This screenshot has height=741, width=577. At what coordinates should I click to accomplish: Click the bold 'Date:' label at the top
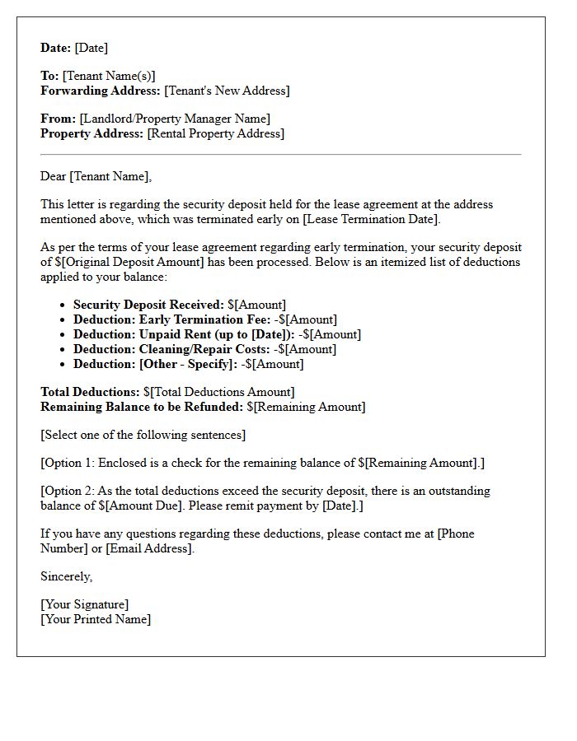pos(56,48)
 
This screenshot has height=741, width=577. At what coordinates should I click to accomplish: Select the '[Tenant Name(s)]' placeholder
pos(109,76)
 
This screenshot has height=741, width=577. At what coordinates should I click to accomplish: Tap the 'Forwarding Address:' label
pos(101,91)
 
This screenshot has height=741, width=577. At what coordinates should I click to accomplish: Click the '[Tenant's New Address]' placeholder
pos(227,91)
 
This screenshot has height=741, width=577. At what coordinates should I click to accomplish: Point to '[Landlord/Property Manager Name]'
pos(175,119)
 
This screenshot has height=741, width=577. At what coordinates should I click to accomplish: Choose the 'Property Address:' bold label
pos(92,133)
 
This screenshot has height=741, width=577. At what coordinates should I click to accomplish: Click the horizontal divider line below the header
pos(280,154)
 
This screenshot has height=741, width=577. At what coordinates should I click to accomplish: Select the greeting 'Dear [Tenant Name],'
pos(96,176)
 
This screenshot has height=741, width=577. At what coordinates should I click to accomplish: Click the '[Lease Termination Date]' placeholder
pos(370,219)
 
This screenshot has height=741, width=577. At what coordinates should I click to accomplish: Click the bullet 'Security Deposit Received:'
pos(148,305)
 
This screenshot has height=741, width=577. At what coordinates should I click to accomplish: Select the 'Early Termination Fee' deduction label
pos(204,319)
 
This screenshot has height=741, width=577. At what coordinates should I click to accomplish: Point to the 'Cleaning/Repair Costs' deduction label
pos(204,349)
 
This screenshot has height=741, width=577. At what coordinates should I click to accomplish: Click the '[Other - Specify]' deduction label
pos(188,364)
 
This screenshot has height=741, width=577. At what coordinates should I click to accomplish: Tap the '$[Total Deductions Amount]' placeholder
pos(218,392)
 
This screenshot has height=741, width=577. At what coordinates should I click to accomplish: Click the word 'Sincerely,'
pos(67,576)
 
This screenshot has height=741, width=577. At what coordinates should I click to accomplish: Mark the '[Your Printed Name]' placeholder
pos(96,619)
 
